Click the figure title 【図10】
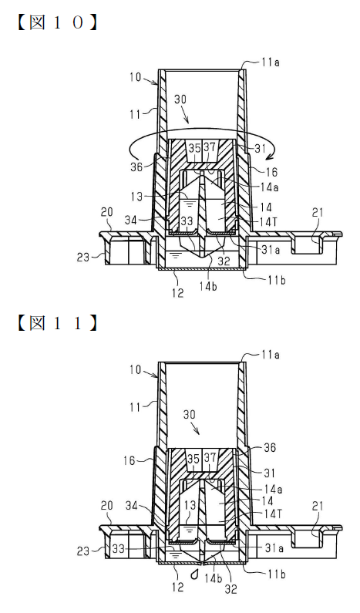coord(57,22)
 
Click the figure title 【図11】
coord(57,323)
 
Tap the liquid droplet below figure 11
coord(195,574)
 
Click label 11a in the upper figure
coord(270,62)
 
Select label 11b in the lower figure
coord(276,574)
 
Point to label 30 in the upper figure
coord(180,99)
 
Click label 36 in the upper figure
coord(136,166)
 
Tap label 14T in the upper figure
coord(270,221)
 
